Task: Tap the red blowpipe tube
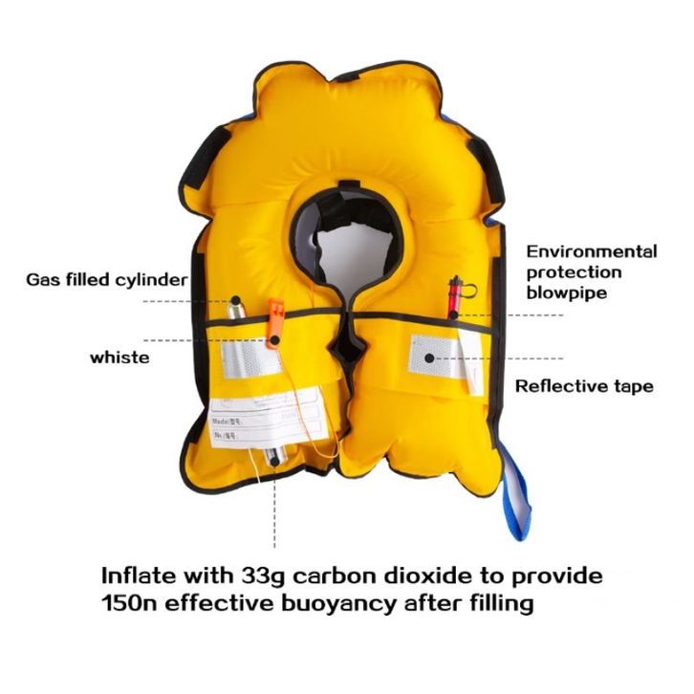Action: [456, 295]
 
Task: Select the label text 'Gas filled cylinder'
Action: [106, 280]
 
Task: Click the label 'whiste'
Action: [119, 357]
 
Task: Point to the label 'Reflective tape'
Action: [584, 386]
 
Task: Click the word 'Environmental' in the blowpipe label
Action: [592, 252]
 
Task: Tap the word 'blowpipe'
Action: [567, 293]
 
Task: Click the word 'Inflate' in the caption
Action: [143, 577]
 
